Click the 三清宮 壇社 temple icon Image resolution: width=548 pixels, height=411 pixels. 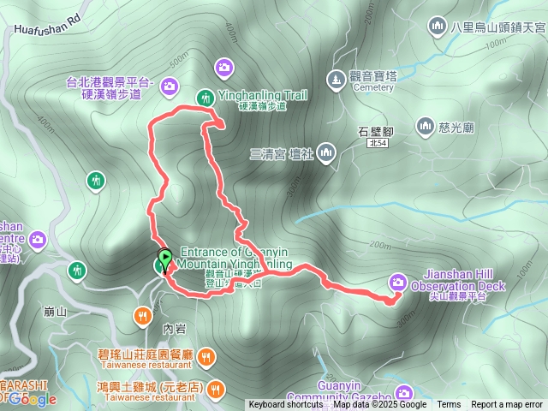325,153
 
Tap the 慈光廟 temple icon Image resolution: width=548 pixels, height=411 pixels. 425,127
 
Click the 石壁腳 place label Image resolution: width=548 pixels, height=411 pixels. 375,132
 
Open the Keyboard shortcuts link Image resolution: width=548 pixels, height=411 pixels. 286,405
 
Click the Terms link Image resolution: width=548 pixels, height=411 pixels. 449,405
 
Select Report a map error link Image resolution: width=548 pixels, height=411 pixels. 506,405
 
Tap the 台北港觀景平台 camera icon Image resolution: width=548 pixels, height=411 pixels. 169,85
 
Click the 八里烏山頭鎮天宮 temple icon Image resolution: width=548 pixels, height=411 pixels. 438,27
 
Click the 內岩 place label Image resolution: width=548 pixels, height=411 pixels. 172,326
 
